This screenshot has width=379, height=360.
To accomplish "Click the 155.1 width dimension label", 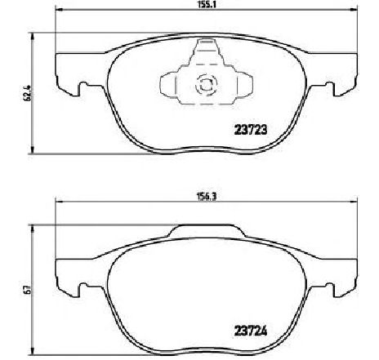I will (x=194, y=5).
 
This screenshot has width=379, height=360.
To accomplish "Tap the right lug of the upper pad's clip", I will (x=236, y=83).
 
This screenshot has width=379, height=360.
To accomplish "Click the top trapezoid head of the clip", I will (x=205, y=54).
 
